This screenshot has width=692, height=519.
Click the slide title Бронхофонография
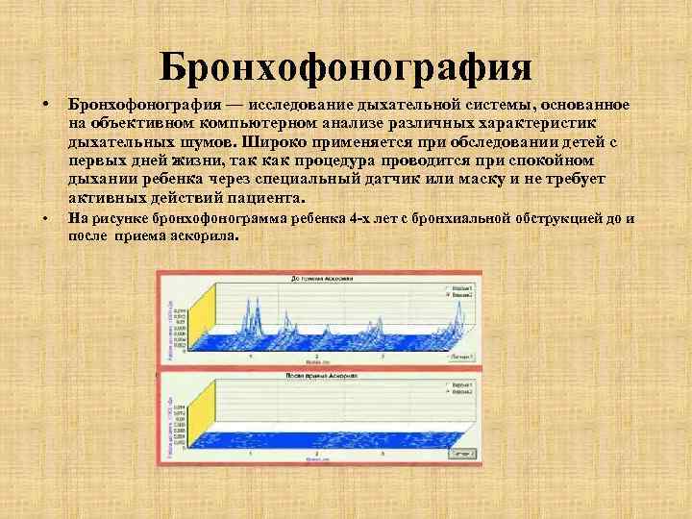pos(345,67)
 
